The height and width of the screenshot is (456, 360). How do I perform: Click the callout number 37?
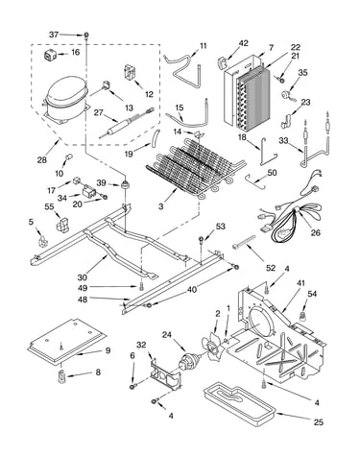coord(54,35)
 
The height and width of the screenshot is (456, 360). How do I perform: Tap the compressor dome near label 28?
coord(66,92)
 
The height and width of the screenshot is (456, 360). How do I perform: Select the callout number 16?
coord(75,52)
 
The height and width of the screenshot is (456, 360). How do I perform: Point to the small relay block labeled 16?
coord(50,56)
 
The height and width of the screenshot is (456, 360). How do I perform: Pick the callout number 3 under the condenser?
coord(161,206)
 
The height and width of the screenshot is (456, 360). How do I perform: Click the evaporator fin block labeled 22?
coord(252,99)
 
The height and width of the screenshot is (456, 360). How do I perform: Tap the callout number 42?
coord(243,43)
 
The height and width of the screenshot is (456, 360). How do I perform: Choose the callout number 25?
coord(318,422)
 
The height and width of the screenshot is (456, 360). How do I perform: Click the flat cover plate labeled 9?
coord(67,341)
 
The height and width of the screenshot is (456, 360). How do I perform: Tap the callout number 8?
coord(98,372)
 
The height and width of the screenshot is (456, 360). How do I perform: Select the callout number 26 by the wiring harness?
coord(316,232)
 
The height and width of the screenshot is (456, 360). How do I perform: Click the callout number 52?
coord(271,268)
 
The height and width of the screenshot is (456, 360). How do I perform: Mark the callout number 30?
coord(83,277)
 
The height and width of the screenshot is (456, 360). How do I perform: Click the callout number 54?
coord(312,294)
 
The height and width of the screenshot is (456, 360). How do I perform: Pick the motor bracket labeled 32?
coord(166,374)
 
